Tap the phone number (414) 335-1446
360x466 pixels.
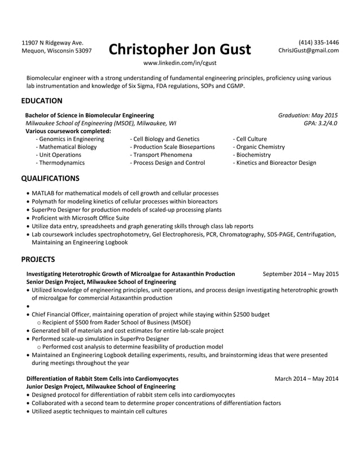(x=318, y=42)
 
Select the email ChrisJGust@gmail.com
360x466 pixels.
(x=309, y=51)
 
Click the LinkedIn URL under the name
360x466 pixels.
(x=179, y=63)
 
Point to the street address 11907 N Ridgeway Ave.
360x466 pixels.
(x=52, y=42)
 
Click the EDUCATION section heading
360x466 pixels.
(x=42, y=101)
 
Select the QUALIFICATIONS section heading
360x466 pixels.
(x=50, y=178)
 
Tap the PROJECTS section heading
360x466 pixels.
(x=38, y=260)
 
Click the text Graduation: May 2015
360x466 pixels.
(x=308, y=115)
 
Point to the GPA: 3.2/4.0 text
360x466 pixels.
(x=321, y=122)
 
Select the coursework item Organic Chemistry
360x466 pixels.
(x=260, y=147)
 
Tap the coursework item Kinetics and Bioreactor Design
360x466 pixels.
(x=275, y=162)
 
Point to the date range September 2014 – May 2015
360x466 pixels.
(x=301, y=274)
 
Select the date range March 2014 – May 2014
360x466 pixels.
(x=306, y=378)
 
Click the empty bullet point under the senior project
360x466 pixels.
(x=29, y=306)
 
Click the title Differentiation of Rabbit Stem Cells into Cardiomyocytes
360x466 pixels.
(x=103, y=378)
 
